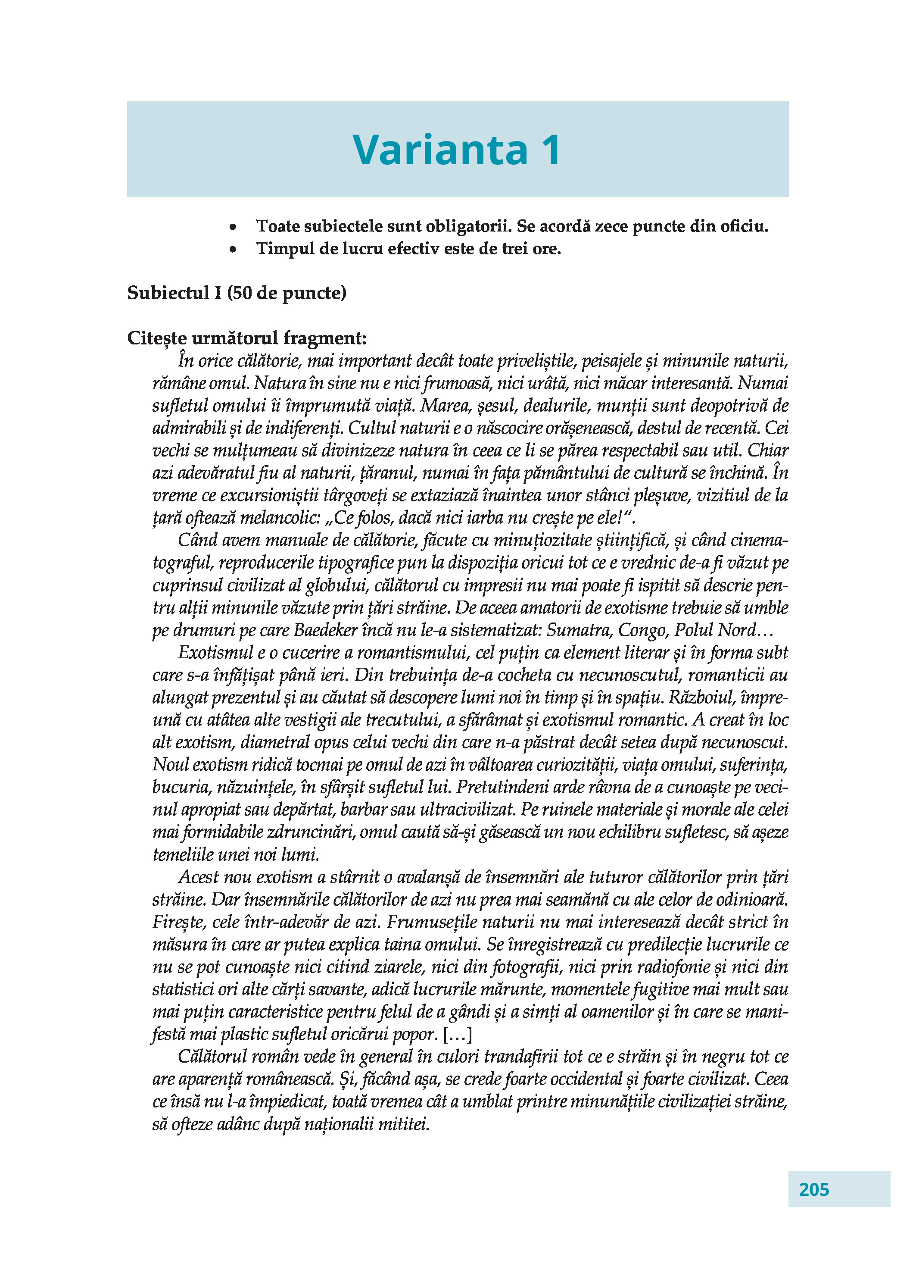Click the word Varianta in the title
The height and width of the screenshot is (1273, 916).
click(x=440, y=150)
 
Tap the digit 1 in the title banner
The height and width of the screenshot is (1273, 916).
click(x=550, y=150)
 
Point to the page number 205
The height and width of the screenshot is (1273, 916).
click(x=813, y=1189)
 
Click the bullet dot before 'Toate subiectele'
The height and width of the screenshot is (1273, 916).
click(x=233, y=227)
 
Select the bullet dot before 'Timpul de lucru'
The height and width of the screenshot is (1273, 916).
click(x=233, y=250)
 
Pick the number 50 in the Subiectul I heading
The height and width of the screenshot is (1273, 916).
click(x=241, y=293)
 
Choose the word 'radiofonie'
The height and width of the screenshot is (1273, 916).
click(x=678, y=967)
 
